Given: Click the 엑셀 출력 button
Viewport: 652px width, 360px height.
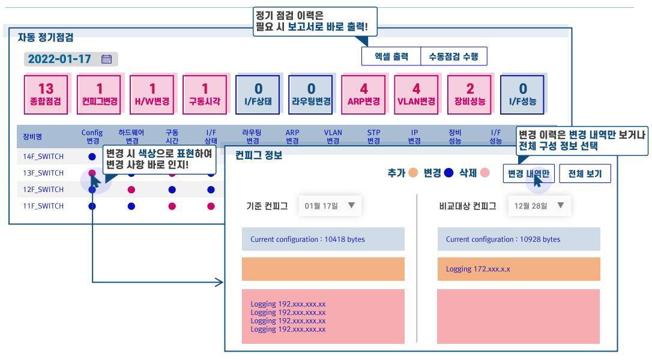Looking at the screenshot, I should click(391, 56).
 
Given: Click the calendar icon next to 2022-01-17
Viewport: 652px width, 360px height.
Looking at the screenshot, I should click(107, 59).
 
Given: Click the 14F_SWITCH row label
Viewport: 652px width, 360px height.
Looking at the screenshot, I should click(43, 157).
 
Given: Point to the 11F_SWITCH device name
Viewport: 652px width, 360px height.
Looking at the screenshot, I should click(43, 206).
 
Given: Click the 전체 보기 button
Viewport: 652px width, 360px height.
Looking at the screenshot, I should click(585, 174).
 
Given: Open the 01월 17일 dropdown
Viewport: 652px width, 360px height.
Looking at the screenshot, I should click(330, 206).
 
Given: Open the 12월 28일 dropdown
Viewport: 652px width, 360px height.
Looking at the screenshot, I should click(539, 206).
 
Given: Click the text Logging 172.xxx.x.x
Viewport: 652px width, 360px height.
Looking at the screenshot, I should click(478, 269).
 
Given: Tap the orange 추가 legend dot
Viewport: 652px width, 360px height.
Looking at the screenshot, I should click(413, 173).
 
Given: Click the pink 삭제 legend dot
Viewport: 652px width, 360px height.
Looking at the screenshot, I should click(484, 173).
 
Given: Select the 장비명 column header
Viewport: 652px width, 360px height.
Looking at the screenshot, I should click(32, 136).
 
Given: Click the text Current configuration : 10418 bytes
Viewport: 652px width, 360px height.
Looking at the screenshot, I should click(307, 239).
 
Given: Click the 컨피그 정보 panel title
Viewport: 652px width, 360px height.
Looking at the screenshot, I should click(258, 155).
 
